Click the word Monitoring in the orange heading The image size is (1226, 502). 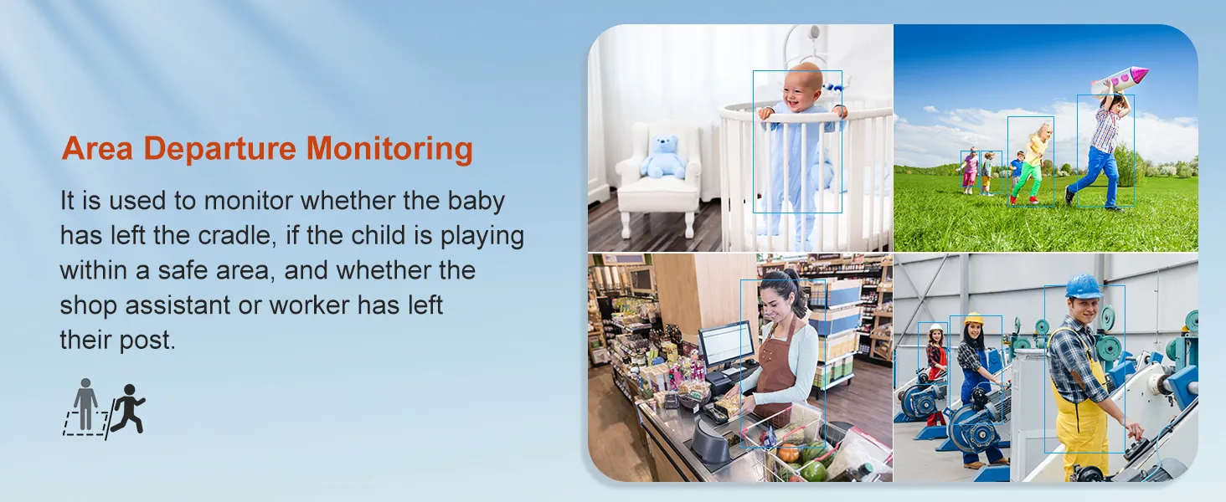[389, 149]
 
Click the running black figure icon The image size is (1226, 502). [128, 408]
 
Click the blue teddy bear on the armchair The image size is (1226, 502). [663, 157]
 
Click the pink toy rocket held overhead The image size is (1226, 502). [1120, 81]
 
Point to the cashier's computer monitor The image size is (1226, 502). [727, 343]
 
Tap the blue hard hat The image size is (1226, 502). [1084, 286]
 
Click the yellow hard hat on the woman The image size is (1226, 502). [974, 319]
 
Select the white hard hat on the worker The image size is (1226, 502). [937, 328]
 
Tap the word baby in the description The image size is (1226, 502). [476, 201]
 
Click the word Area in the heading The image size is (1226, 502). [97, 149]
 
